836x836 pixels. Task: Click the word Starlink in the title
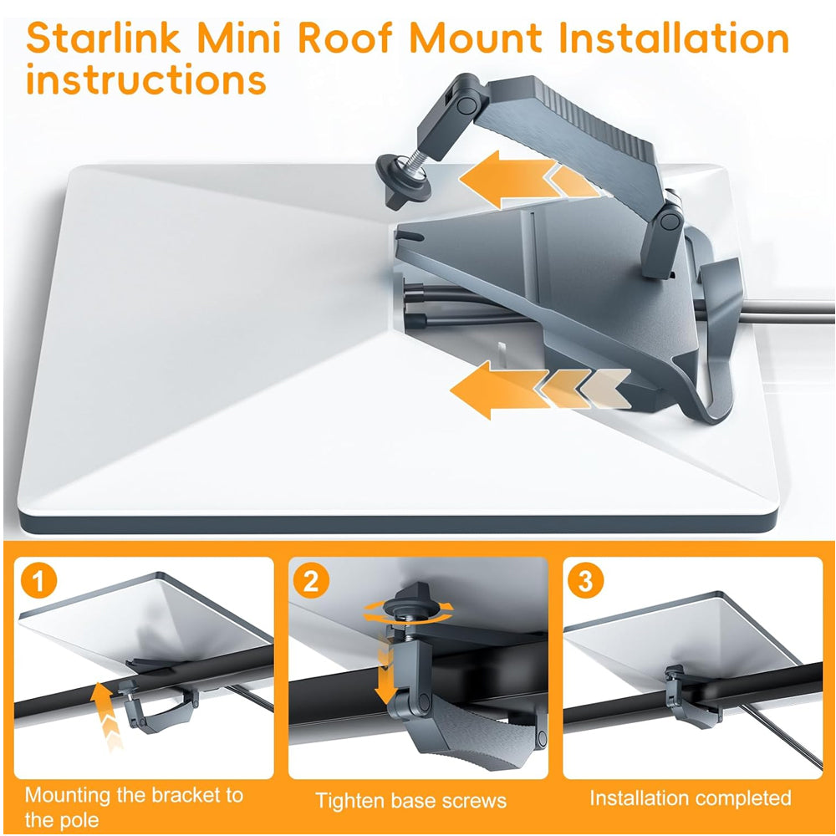[104, 38]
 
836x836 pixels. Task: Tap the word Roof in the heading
[344, 38]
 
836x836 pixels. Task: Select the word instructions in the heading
[145, 80]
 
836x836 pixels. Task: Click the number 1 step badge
[39, 581]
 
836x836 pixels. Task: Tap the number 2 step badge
[311, 581]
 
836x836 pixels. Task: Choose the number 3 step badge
[585, 581]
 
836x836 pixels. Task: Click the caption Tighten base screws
[410, 801]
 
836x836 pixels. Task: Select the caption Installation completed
[691, 798]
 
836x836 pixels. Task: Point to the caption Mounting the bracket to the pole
[134, 808]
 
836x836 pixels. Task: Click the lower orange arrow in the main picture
[538, 390]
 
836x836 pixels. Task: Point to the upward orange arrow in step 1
[105, 715]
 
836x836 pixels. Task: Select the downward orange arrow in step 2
[385, 675]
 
